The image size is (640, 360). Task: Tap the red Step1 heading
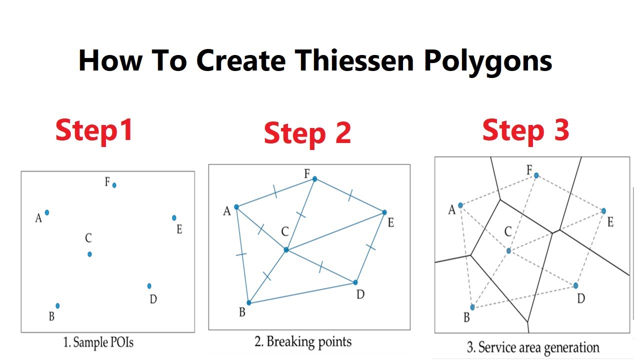point(94,130)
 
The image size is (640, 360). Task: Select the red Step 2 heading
point(307,133)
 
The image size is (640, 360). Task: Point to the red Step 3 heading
point(525,130)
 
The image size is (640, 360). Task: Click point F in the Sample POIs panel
point(114,185)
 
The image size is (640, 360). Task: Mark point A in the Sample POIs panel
point(47,212)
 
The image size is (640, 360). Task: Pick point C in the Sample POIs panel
point(89,254)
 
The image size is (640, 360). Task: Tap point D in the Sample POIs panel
point(149,286)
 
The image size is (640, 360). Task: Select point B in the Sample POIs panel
point(57,305)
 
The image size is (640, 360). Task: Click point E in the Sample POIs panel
point(174,217)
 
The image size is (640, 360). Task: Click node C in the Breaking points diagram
point(286,249)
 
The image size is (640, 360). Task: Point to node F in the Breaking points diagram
point(314,178)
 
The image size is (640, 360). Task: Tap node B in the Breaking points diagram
point(248,302)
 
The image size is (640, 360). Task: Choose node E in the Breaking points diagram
point(384,212)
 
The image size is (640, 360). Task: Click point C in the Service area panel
point(508,250)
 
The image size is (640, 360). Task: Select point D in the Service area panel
point(575,285)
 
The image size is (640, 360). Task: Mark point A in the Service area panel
point(460,205)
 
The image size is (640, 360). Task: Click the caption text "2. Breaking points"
point(303,342)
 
